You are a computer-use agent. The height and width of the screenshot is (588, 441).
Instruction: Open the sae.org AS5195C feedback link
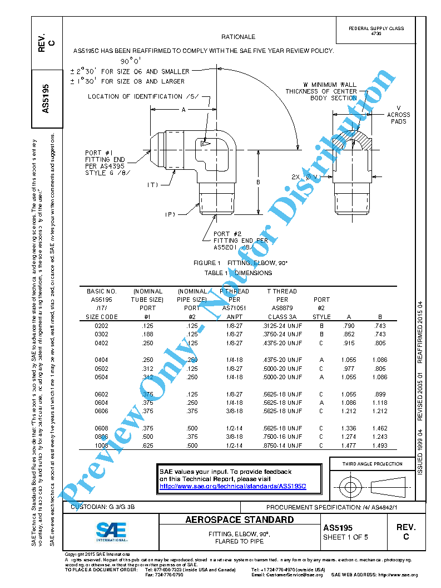[x=232, y=486]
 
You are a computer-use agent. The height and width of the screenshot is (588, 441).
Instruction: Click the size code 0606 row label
[x=102, y=411]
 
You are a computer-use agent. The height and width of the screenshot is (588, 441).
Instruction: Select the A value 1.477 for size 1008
[x=348, y=445]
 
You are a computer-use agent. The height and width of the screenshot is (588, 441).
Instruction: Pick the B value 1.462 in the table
[x=380, y=428]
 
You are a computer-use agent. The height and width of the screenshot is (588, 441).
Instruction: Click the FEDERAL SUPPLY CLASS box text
[x=376, y=31]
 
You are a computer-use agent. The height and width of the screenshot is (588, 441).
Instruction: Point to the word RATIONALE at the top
[x=238, y=37]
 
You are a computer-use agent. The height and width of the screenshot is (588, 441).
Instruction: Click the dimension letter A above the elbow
[x=183, y=110]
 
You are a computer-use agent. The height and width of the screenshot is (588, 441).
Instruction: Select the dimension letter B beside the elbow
[x=258, y=182]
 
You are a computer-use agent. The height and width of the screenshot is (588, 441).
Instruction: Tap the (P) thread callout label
[x=170, y=214]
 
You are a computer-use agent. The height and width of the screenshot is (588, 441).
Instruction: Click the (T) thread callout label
[x=153, y=184]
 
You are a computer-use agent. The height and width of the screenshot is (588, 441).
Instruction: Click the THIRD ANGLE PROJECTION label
[x=372, y=464]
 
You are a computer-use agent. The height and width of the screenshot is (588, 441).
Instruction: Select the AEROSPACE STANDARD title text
[x=239, y=520]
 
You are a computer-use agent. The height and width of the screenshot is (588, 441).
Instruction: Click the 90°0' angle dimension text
[x=131, y=61]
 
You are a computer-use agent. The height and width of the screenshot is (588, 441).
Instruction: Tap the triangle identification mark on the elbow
[x=204, y=144]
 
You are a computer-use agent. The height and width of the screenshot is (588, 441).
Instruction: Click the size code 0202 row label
[x=102, y=326]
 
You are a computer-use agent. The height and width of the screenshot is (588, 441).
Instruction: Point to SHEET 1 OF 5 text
[x=345, y=537]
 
